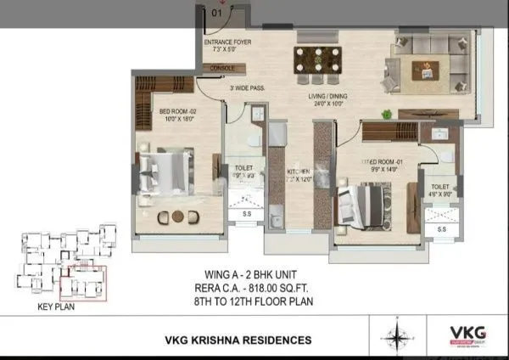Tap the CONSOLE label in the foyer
pyautogui.click(x=222, y=67)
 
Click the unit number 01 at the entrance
pyautogui.click(x=217, y=13)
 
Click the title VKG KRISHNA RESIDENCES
pyautogui.click(x=238, y=340)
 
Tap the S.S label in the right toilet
pyautogui.click(x=441, y=229)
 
